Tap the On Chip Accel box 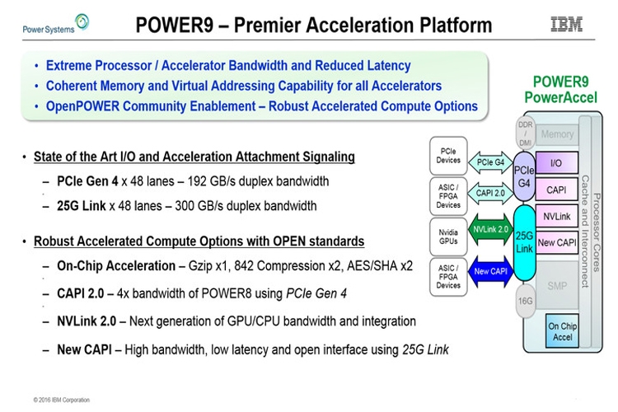pos(563,330)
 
